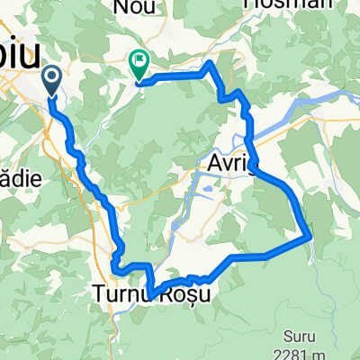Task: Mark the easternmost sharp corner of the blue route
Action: (x=310, y=238)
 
